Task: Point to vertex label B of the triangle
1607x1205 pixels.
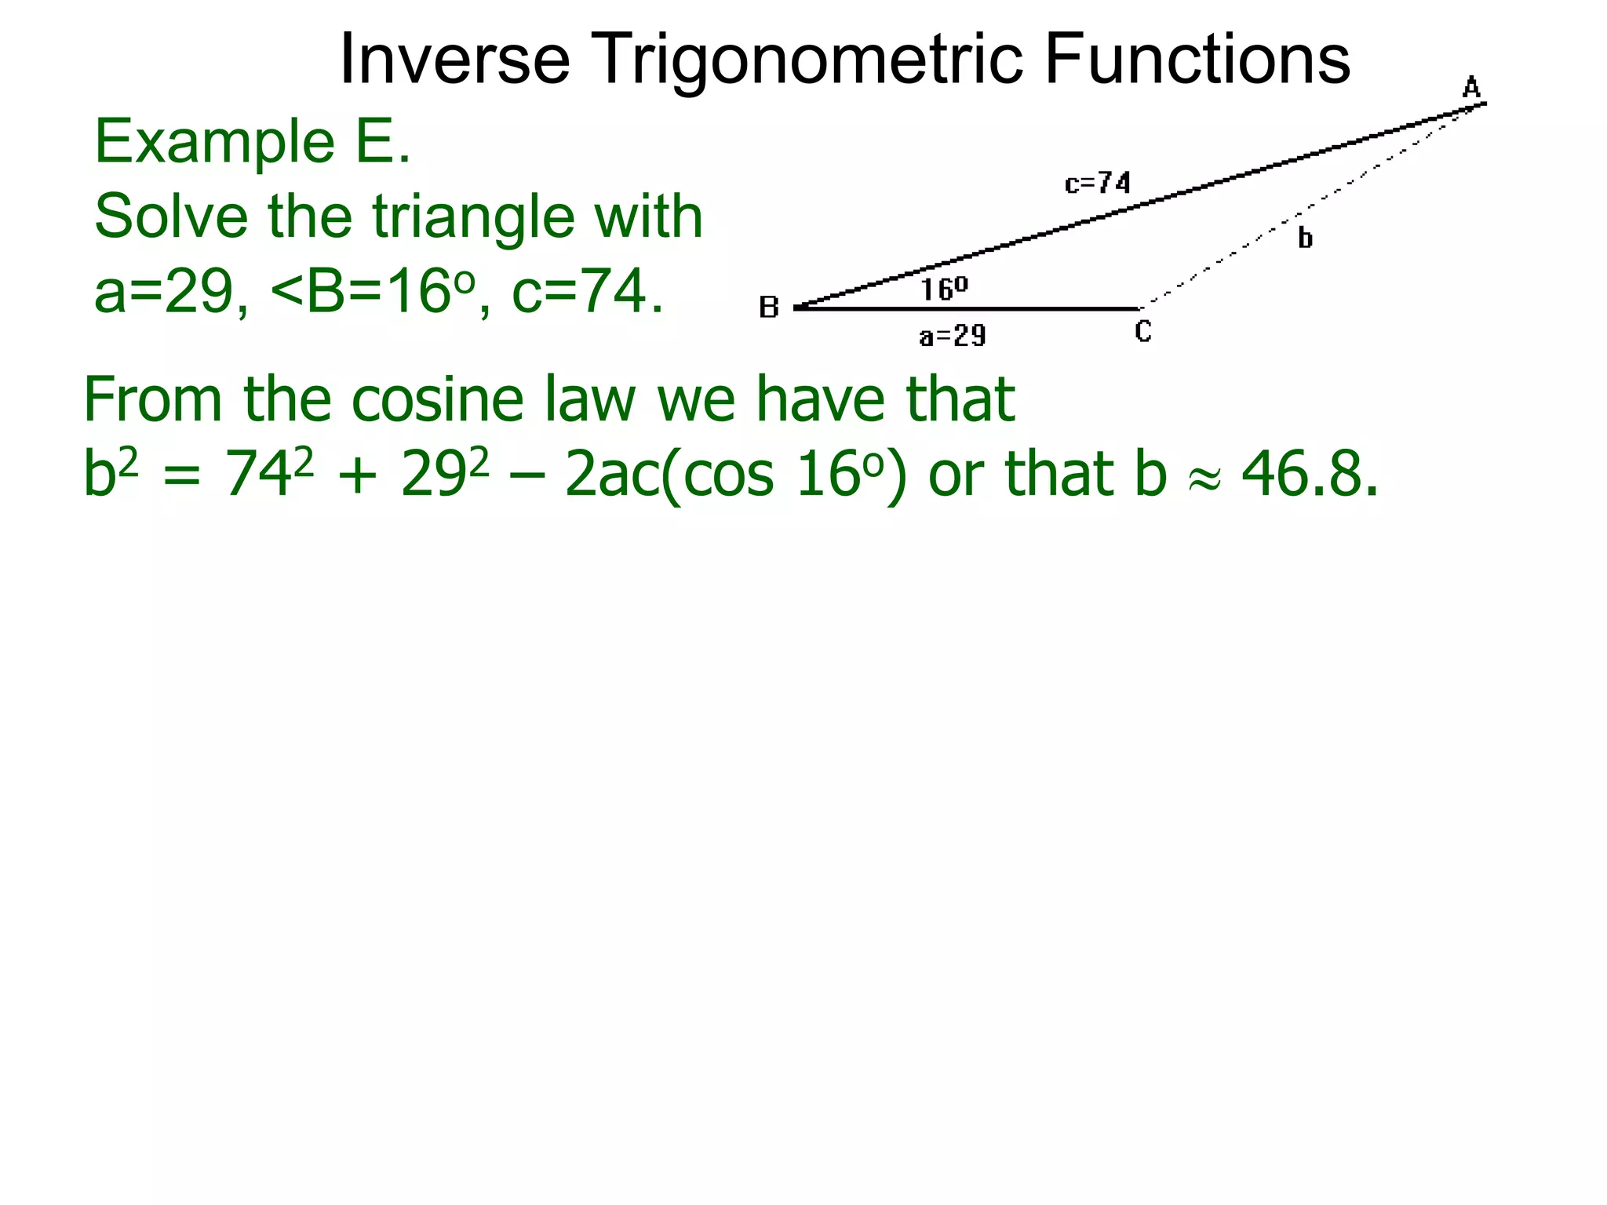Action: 769,308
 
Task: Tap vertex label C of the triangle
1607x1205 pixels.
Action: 1143,332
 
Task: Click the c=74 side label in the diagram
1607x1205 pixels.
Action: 1098,184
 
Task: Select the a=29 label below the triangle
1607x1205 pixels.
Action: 953,337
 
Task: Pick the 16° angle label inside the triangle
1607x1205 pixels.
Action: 944,289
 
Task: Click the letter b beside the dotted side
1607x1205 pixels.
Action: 1305,237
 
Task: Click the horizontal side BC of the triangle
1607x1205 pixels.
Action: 965,308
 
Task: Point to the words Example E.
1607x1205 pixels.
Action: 252,142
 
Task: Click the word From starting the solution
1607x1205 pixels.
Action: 153,399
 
